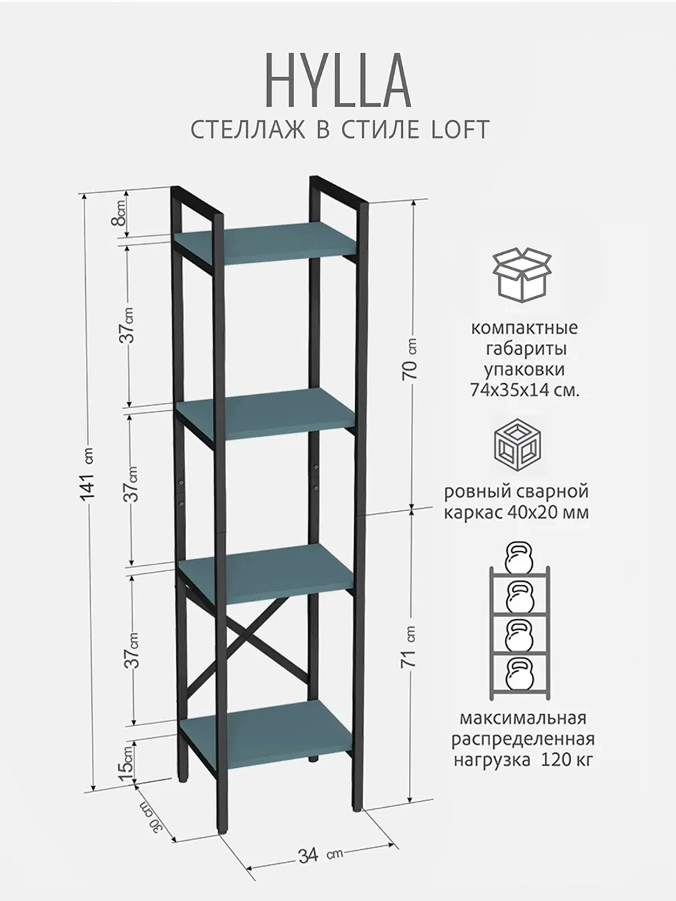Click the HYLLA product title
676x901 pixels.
(339, 83)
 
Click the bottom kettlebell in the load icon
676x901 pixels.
(519, 675)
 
